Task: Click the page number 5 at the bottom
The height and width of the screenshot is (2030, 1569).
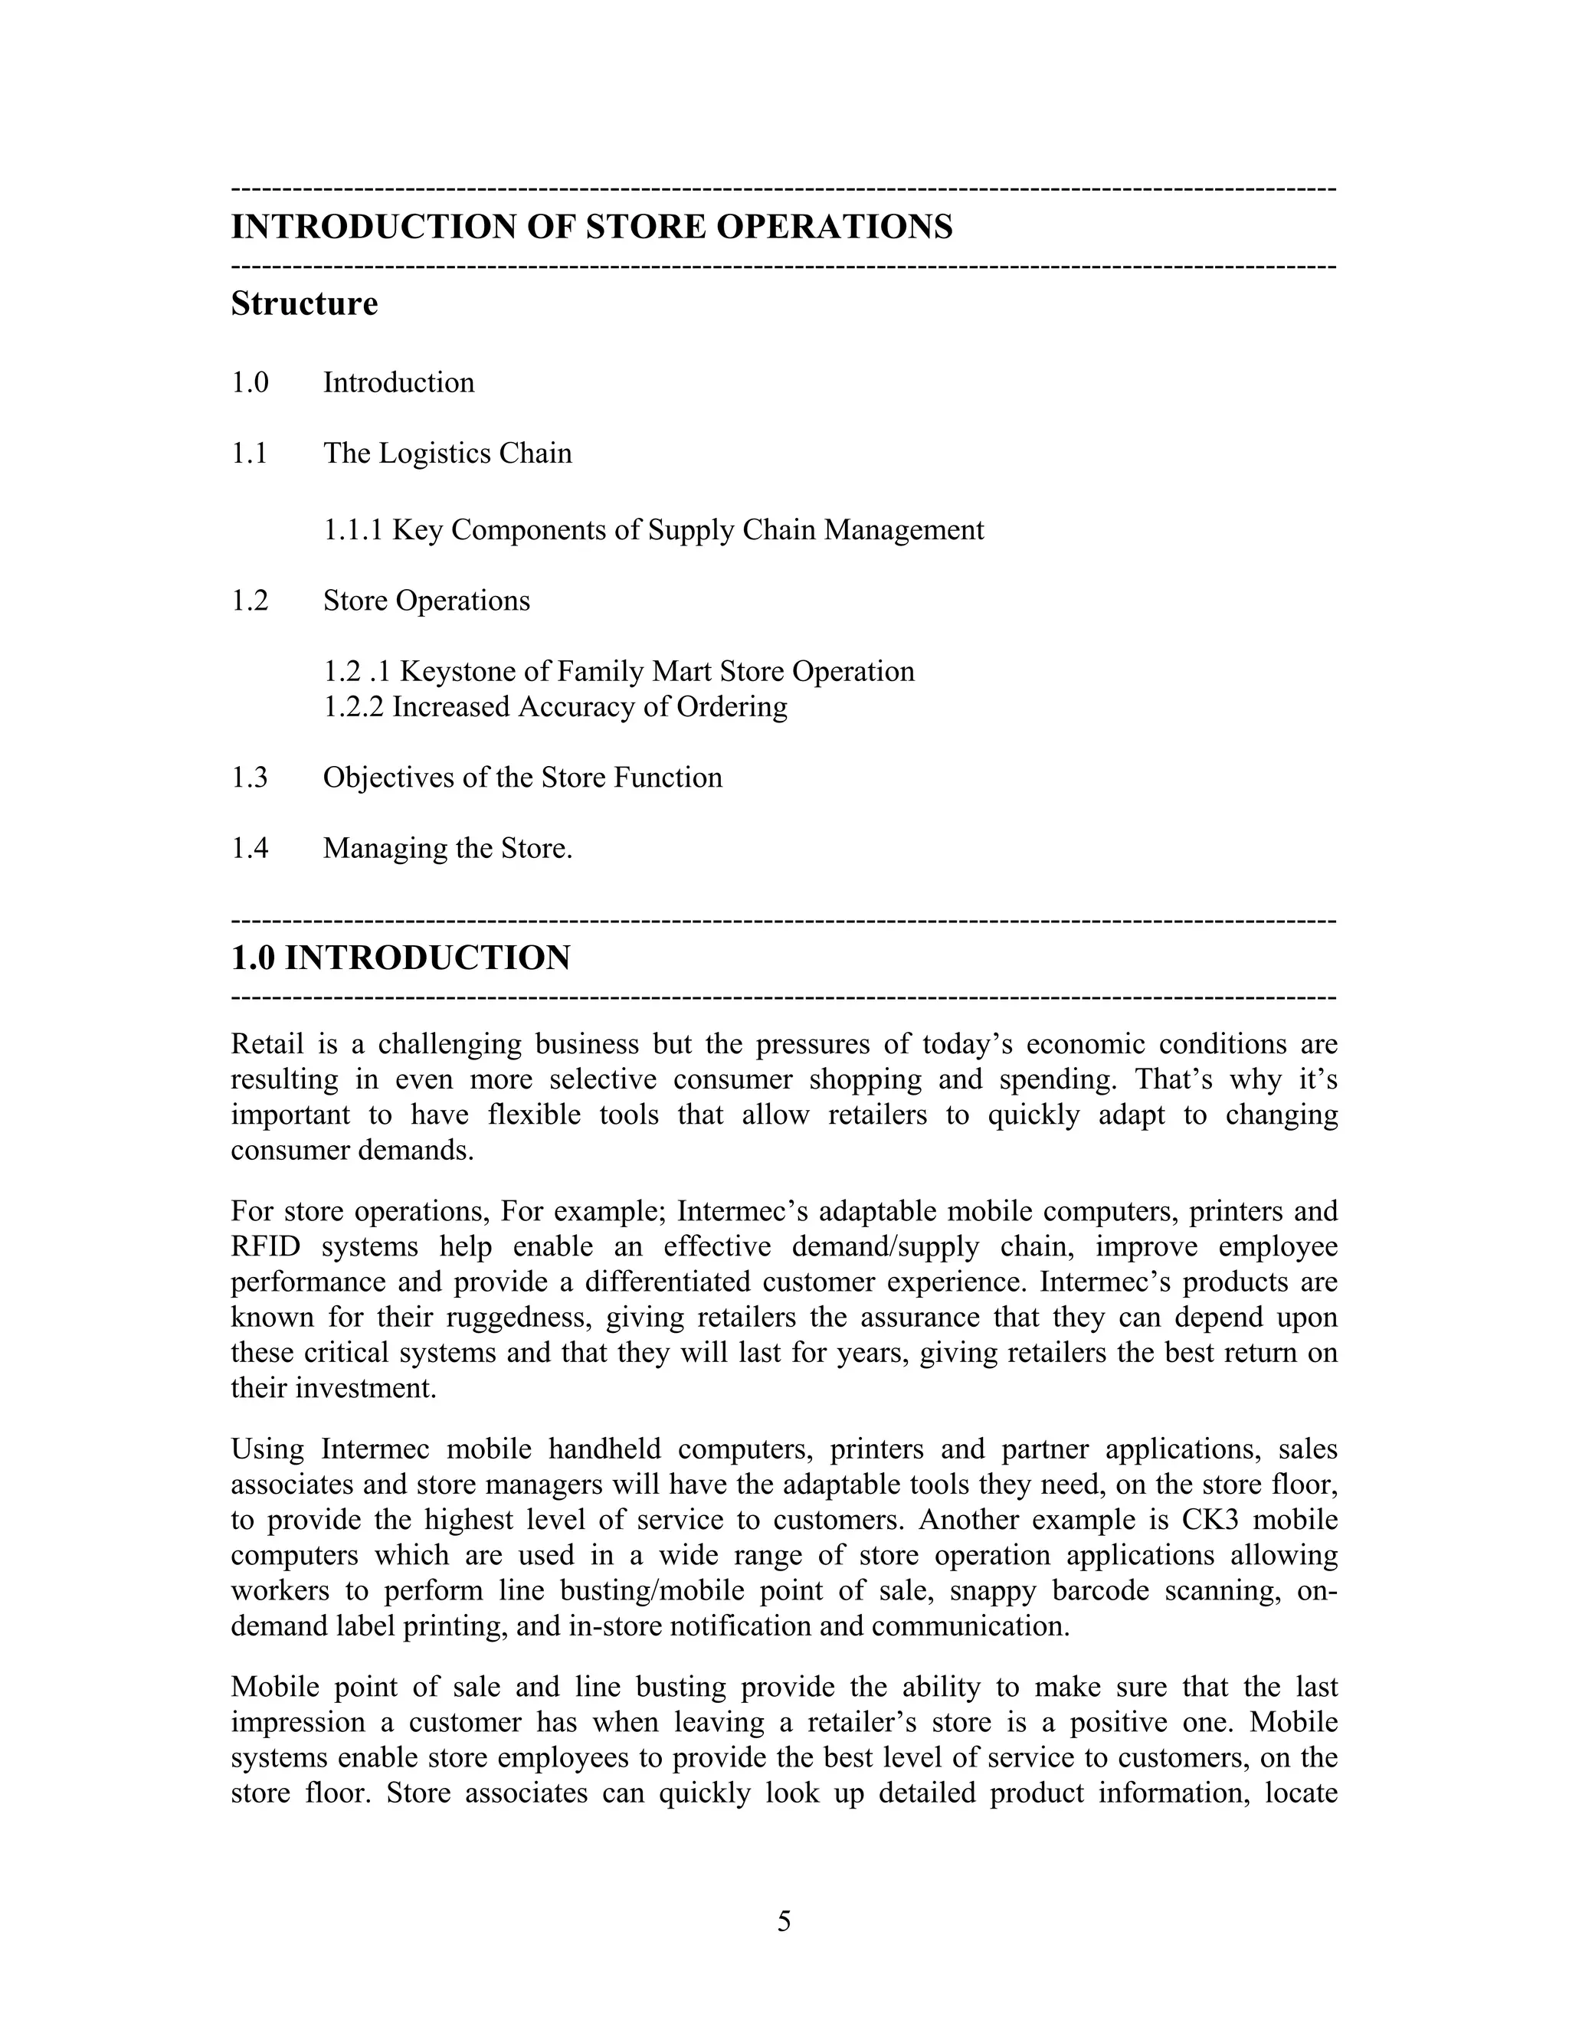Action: [x=784, y=1921]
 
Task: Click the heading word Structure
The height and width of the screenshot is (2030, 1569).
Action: [x=304, y=304]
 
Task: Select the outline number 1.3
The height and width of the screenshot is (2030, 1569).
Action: [x=249, y=777]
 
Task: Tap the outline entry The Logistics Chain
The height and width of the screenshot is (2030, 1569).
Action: [x=447, y=453]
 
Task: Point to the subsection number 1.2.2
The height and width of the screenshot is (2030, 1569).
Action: [x=352, y=707]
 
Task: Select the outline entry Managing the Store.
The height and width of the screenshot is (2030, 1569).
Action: [x=447, y=848]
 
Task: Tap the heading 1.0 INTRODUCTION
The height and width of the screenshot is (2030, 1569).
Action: [x=400, y=958]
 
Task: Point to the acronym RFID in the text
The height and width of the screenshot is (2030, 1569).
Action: [x=265, y=1246]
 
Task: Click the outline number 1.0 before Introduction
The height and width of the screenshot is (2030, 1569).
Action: [x=249, y=383]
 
